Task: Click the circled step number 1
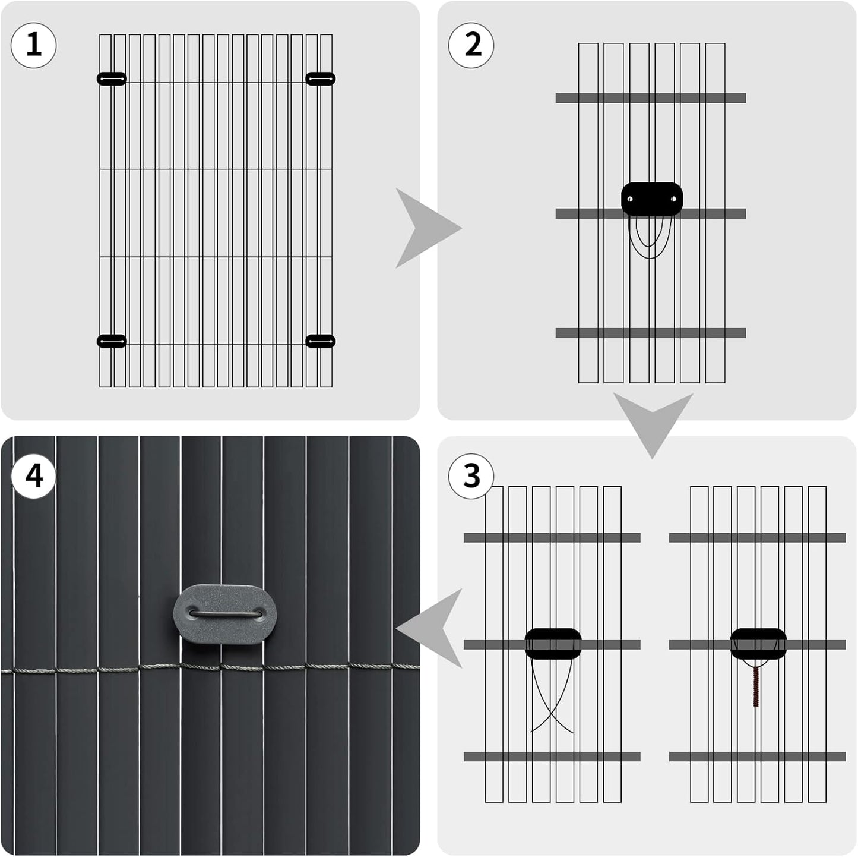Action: click(x=34, y=45)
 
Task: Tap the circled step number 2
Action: click(x=471, y=45)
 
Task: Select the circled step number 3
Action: click(x=471, y=476)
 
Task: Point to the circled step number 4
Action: click(x=34, y=476)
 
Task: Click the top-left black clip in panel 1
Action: click(x=112, y=78)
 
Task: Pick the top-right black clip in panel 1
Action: click(x=321, y=78)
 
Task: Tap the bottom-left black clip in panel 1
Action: click(x=112, y=341)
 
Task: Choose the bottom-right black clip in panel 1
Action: click(x=321, y=341)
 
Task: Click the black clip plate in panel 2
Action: click(x=652, y=199)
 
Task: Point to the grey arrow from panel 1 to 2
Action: click(x=425, y=228)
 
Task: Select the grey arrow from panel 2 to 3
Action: click(x=653, y=421)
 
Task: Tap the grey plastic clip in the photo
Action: click(x=225, y=615)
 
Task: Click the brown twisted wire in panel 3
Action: click(x=756, y=686)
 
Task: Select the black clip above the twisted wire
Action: click(x=758, y=643)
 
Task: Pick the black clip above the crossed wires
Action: click(x=553, y=643)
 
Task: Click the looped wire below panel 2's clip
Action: click(x=651, y=238)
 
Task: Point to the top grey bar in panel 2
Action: click(x=651, y=98)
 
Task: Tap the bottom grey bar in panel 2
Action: click(x=651, y=333)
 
